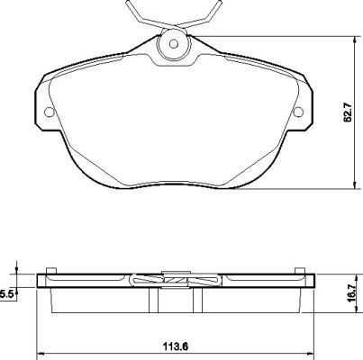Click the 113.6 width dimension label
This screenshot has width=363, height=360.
(x=176, y=347)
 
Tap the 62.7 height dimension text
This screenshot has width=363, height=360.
(x=348, y=112)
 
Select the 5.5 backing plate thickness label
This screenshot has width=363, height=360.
(x=5, y=295)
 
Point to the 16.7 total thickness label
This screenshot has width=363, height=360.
(x=353, y=292)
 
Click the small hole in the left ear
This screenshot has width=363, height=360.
(x=49, y=112)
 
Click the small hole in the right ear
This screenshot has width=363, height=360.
(x=299, y=112)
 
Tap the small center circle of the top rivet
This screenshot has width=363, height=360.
(x=174, y=44)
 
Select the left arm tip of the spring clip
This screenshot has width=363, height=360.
(x=127, y=3)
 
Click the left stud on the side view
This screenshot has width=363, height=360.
(x=51, y=271)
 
